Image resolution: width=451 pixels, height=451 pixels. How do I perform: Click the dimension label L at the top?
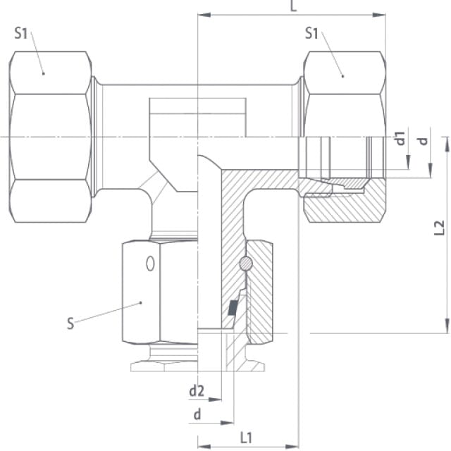[293, 6]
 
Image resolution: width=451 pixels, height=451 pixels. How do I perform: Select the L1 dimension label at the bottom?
[246, 438]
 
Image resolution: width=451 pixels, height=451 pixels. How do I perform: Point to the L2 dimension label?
[439, 228]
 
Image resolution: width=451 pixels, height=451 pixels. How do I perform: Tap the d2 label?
[197, 391]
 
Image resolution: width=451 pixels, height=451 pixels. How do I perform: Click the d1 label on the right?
[400, 138]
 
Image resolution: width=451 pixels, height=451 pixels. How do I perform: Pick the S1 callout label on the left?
[20, 33]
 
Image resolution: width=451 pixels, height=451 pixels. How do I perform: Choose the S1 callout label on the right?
[311, 33]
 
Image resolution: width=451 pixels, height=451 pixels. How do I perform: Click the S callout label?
[70, 323]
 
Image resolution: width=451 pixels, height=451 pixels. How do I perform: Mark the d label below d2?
[197, 415]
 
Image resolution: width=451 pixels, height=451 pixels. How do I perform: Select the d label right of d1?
[423, 141]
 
